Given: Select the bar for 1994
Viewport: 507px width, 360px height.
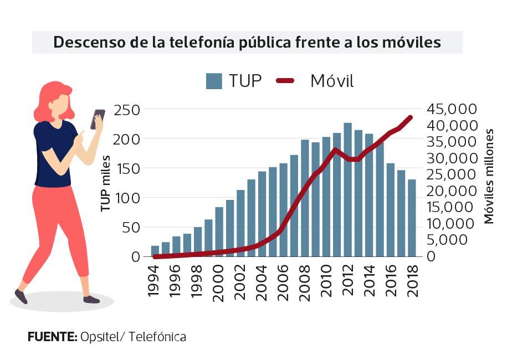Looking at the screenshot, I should [x=155, y=251].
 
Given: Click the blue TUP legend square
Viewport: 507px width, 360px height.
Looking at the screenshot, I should [x=214, y=81].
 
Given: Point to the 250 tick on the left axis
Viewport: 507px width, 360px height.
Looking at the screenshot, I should [x=127, y=109].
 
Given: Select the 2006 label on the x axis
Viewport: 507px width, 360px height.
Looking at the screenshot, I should [x=283, y=282].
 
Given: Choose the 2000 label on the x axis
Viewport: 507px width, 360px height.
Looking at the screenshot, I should [x=219, y=282].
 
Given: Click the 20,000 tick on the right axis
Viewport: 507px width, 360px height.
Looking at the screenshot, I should [x=452, y=191].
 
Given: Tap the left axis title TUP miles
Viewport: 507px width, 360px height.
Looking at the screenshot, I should [x=105, y=184].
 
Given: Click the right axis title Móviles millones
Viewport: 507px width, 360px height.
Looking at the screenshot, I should [x=489, y=176].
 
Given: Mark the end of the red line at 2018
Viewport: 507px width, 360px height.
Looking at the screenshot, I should [x=411, y=117].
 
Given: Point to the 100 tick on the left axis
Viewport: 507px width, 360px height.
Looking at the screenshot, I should [x=127, y=198].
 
